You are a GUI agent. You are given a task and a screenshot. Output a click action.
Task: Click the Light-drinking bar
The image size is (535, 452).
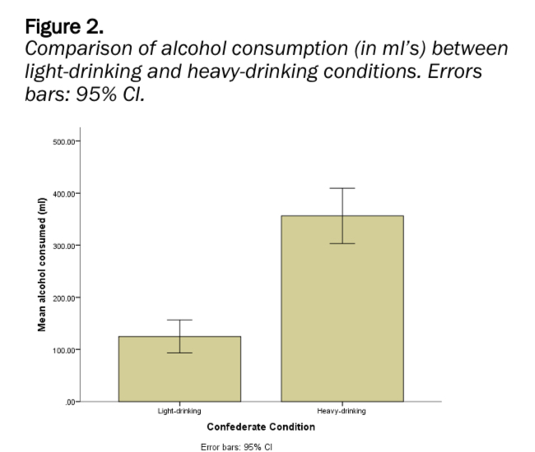tap(179, 369)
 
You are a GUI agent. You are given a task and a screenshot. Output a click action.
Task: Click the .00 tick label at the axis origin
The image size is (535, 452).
tap(70, 402)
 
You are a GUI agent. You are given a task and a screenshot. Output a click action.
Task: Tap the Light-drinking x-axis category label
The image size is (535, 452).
tap(179, 411)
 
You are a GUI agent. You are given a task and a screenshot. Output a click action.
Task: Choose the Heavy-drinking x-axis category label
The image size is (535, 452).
tap(342, 411)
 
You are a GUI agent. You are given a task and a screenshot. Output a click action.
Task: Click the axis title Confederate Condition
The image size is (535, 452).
tap(260, 427)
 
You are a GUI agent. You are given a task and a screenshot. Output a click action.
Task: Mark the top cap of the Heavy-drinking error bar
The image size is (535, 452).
tap(342, 188)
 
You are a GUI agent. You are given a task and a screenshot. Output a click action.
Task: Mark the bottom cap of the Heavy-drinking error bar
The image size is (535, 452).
tap(342, 243)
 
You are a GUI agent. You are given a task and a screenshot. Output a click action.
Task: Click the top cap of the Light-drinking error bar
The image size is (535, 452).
tap(179, 320)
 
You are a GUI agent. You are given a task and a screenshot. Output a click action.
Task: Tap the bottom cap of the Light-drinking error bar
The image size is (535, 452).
tap(179, 353)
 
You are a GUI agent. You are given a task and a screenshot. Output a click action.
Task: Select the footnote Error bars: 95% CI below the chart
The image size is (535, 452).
tap(236, 447)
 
